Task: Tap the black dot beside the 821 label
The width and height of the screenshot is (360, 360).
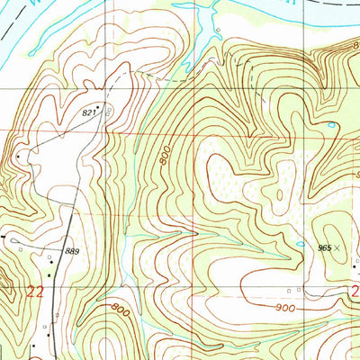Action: pyautogui.click(x=97, y=106)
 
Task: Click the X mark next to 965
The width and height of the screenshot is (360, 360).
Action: pyautogui.click(x=338, y=246)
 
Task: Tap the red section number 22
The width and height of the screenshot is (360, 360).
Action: pyautogui.click(x=35, y=291)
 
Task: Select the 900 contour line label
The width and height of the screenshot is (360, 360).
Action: pyautogui.click(x=286, y=308)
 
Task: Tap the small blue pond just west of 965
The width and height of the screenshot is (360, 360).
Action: pyautogui.click(x=300, y=244)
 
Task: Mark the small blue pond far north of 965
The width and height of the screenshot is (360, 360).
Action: pyautogui.click(x=332, y=124)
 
